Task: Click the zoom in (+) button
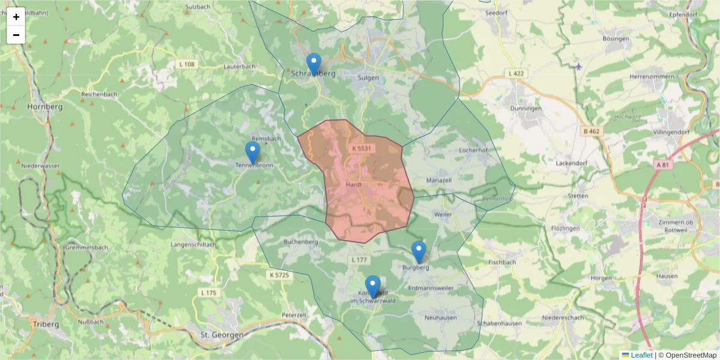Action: tap(16, 17)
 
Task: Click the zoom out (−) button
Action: tap(16, 35)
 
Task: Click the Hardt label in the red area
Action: tap(353, 185)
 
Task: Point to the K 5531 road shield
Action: tap(362, 148)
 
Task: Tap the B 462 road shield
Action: tap(592, 131)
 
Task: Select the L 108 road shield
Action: tap(187, 64)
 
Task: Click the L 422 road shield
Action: tap(515, 74)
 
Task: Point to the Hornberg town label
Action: tap(45, 107)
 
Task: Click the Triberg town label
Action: tap(46, 324)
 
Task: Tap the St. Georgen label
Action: tap(222, 334)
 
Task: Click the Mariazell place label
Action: tap(439, 180)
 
